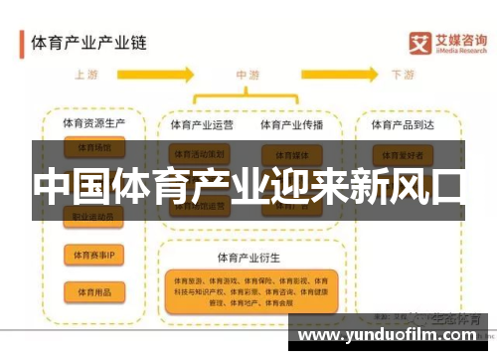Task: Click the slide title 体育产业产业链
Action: point(88,44)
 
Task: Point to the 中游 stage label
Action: point(248,75)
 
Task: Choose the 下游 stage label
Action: point(403,75)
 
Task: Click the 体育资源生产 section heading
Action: point(93,125)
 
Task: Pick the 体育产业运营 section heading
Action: point(203,125)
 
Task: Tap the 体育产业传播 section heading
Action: point(291,125)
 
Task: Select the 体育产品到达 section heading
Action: point(404,125)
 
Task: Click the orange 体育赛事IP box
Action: point(94,256)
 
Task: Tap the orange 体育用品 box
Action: point(94,290)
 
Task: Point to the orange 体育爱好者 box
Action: point(403,154)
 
